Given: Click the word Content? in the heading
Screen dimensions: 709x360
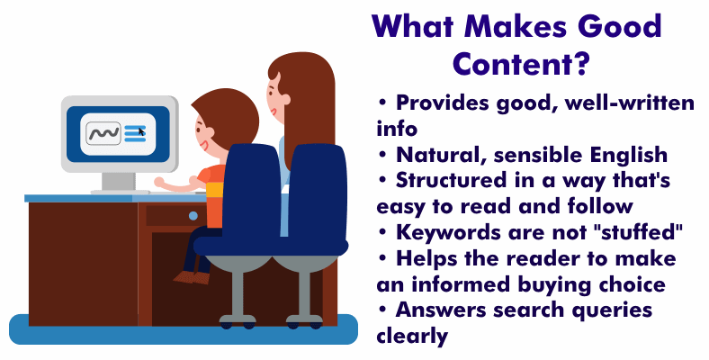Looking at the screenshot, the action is (x=520, y=64).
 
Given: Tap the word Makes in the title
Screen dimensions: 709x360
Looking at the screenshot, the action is (x=516, y=26).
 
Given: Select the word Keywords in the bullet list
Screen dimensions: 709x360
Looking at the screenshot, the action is (x=449, y=233).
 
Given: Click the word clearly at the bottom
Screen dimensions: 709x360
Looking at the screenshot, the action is (x=412, y=336).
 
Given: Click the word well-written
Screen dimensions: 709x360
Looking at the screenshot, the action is (x=630, y=103).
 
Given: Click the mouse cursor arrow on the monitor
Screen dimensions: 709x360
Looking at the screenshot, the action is (x=141, y=131).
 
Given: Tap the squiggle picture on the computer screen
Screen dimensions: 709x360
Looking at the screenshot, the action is (x=103, y=133).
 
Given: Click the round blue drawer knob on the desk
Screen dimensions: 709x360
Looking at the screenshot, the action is (x=193, y=216).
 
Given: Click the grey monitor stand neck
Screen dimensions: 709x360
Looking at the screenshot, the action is (x=119, y=181).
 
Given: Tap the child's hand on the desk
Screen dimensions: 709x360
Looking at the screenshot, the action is (x=158, y=183).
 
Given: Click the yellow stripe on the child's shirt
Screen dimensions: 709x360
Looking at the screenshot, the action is (x=215, y=190).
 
